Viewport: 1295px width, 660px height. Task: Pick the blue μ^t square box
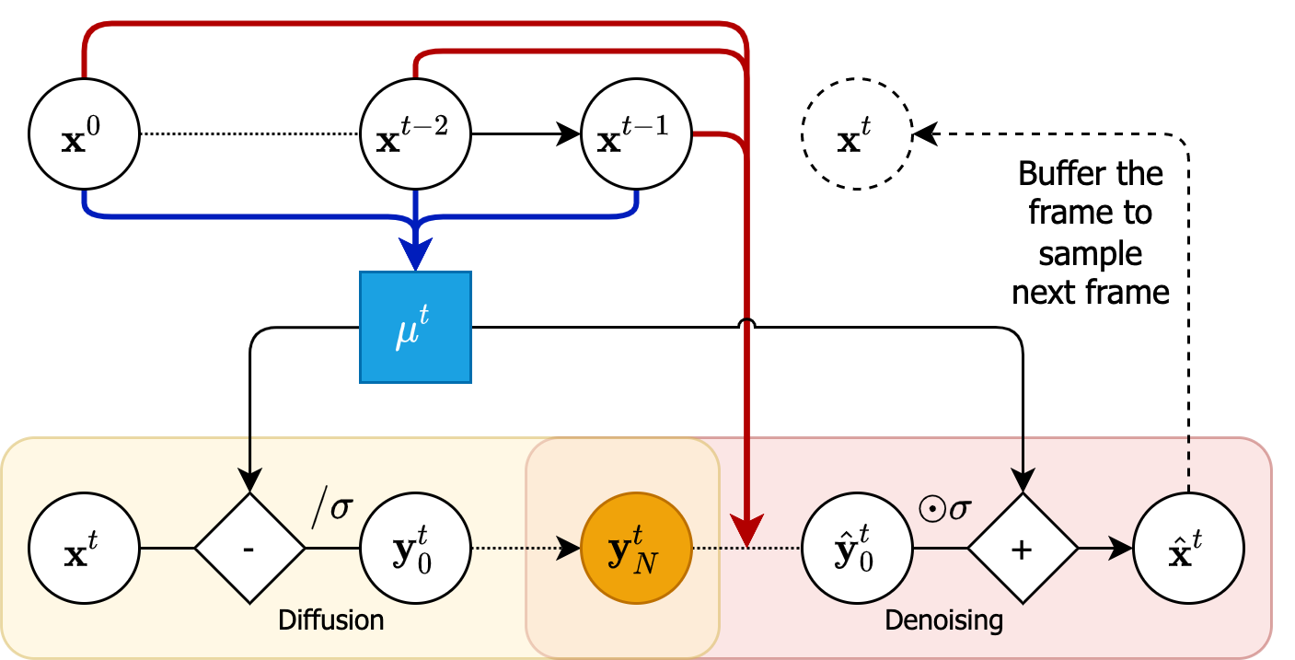415,327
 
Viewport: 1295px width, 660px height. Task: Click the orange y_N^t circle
637,549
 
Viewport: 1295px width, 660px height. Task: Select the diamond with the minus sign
249,549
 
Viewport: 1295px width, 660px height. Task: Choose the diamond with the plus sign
1023,549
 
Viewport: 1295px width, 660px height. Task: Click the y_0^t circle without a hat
416,549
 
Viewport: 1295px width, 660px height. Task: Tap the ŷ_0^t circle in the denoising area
858,549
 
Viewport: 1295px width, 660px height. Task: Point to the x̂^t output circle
1189,549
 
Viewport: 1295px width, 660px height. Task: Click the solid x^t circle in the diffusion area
84,549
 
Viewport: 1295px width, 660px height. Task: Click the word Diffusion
330,620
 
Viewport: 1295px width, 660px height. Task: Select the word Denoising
943,620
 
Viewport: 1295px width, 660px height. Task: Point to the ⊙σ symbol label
943,507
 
